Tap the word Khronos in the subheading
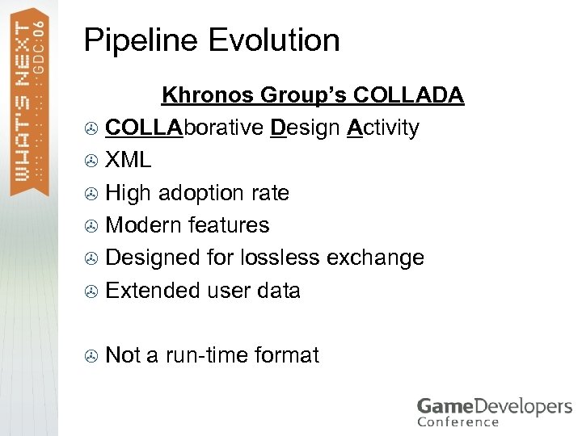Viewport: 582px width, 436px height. coord(207,95)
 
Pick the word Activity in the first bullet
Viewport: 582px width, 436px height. coord(383,128)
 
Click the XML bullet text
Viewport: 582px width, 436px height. coord(128,160)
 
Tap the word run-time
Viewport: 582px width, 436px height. coord(209,354)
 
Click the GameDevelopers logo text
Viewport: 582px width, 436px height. coord(494,406)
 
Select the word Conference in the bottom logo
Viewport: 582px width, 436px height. coord(458,421)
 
